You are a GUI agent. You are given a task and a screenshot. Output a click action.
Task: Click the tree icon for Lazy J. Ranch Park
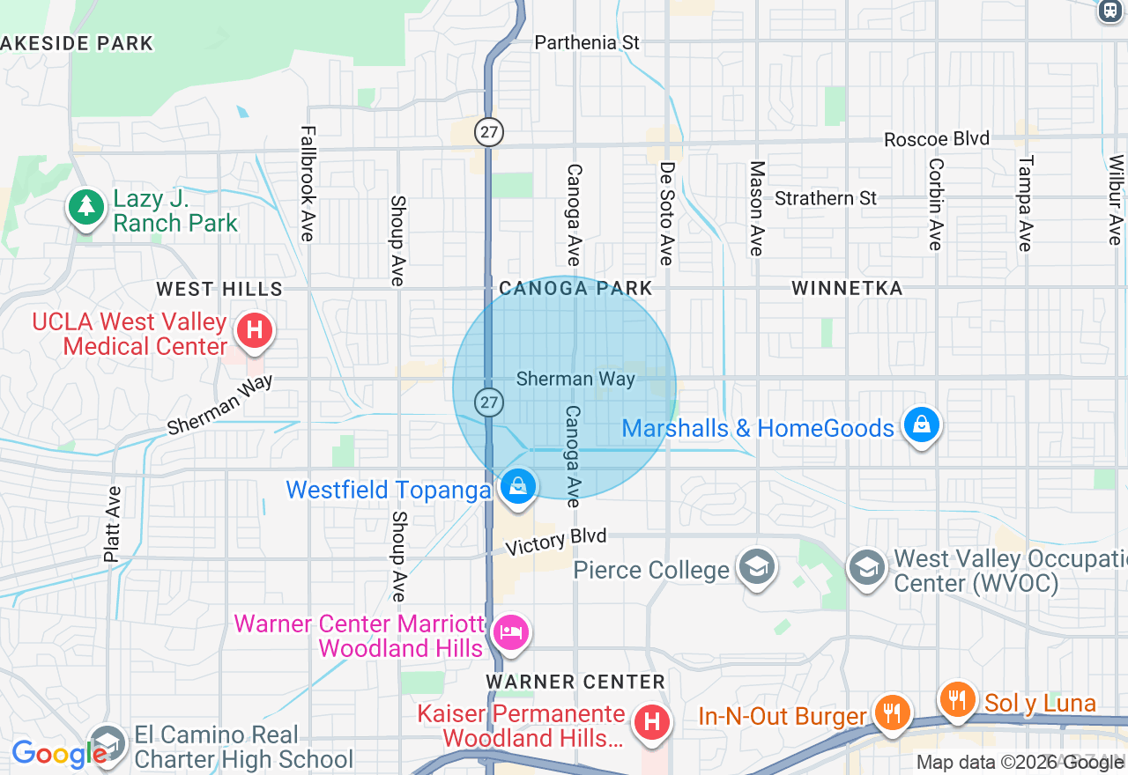point(85,208)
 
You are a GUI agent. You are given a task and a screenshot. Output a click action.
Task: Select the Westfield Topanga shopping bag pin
point(518,485)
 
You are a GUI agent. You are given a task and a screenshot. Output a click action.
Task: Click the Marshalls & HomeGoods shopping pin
point(921,425)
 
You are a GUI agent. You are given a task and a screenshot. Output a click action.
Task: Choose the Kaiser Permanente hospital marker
point(652,723)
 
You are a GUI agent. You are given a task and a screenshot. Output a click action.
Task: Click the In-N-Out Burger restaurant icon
point(892,711)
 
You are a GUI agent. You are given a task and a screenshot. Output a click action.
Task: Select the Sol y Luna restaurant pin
point(957,699)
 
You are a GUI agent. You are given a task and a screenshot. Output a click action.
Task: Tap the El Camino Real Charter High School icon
point(108,743)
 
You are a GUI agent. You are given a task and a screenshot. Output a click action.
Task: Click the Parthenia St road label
point(587,42)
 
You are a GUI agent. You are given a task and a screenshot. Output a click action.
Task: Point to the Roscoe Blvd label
point(937,139)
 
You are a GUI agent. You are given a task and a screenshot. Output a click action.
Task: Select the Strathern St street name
point(826,198)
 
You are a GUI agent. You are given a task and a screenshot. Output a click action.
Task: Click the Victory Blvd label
point(556,541)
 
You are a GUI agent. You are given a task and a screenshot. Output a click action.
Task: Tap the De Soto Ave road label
point(667,213)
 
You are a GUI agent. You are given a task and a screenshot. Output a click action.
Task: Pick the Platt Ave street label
point(112,524)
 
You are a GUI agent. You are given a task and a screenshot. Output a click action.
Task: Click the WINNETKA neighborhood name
point(847,288)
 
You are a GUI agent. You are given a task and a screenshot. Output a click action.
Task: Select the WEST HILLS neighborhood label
point(219,289)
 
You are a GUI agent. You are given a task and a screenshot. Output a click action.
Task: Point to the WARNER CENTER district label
point(575,682)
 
